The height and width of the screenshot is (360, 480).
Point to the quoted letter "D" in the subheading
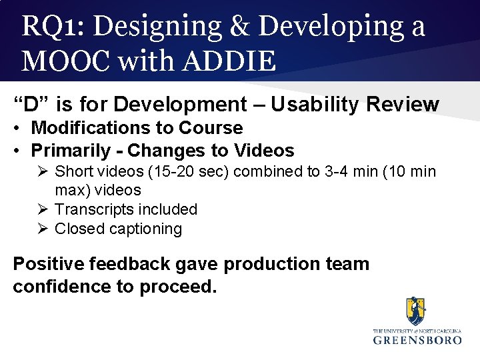point(31,104)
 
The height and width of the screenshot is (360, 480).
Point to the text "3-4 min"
point(351,171)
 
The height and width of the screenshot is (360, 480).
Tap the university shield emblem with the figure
point(417,311)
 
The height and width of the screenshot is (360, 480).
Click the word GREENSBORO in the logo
point(417,339)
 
